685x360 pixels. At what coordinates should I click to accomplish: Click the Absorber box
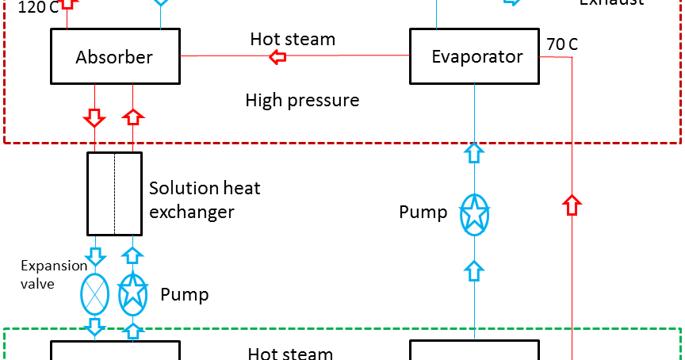click(x=115, y=56)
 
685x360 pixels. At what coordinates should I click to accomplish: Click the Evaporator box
click(x=477, y=56)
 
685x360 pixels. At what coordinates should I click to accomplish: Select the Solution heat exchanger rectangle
click(x=114, y=193)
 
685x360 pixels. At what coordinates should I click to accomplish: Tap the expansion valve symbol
click(x=95, y=294)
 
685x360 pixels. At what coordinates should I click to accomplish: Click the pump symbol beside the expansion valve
click(x=133, y=294)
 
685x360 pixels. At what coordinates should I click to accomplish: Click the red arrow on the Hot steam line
click(x=277, y=56)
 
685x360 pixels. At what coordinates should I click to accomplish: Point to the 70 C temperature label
click(x=562, y=44)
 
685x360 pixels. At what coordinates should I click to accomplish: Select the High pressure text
click(x=302, y=101)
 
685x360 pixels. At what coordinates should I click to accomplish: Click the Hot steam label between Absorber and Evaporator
click(x=293, y=39)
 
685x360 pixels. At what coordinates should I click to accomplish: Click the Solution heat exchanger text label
click(x=205, y=200)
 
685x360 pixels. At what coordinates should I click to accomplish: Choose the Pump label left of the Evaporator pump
click(x=423, y=213)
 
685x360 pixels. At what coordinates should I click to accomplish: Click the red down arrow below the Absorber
click(x=94, y=118)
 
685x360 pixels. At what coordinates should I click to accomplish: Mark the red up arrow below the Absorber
click(x=133, y=117)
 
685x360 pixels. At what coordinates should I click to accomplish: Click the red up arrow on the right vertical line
click(x=572, y=205)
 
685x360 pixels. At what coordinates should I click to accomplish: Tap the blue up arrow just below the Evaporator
click(x=473, y=152)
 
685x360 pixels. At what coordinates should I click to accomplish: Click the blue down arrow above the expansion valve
click(x=95, y=256)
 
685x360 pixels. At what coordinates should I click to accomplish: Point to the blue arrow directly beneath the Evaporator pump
click(x=473, y=270)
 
